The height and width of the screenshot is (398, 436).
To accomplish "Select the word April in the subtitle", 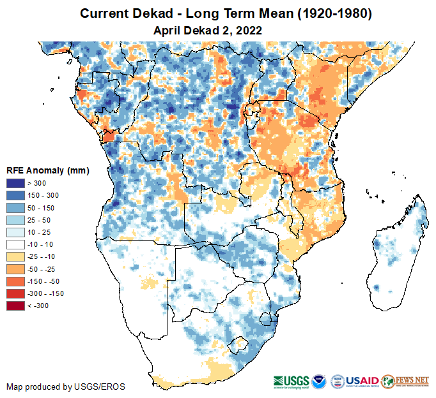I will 168,29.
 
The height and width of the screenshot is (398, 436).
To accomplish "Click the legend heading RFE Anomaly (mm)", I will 48,170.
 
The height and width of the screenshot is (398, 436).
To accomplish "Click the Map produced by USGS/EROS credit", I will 66,387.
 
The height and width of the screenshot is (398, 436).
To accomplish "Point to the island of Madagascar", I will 396,255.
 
